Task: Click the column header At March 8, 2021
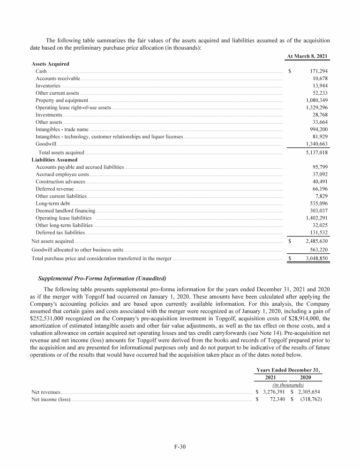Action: pyautogui.click(x=307, y=56)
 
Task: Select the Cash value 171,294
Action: pyautogui.click(x=317, y=71)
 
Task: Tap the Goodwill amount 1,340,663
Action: pyautogui.click(x=316, y=144)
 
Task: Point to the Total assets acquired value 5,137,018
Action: pyautogui.click(x=316, y=152)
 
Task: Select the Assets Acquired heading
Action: pyautogui.click(x=50, y=64)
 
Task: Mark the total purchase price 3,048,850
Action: pyautogui.click(x=316, y=258)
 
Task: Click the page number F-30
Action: pyautogui.click(x=180, y=446)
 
